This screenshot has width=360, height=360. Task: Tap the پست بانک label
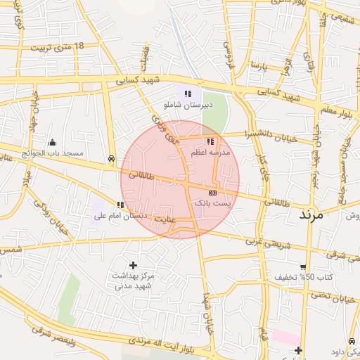click(x=212, y=202)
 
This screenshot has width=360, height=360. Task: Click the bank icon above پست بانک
click(x=212, y=192)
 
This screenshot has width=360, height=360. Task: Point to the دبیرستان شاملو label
click(x=186, y=104)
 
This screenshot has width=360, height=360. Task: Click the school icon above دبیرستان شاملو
click(x=187, y=94)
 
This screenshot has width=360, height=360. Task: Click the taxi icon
click(x=112, y=160)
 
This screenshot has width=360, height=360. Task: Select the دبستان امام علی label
click(x=120, y=216)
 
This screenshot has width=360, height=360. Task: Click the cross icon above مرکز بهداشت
click(x=133, y=265)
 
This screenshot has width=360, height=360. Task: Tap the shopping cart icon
click(x=303, y=266)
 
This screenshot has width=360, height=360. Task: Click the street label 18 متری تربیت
click(x=56, y=47)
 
